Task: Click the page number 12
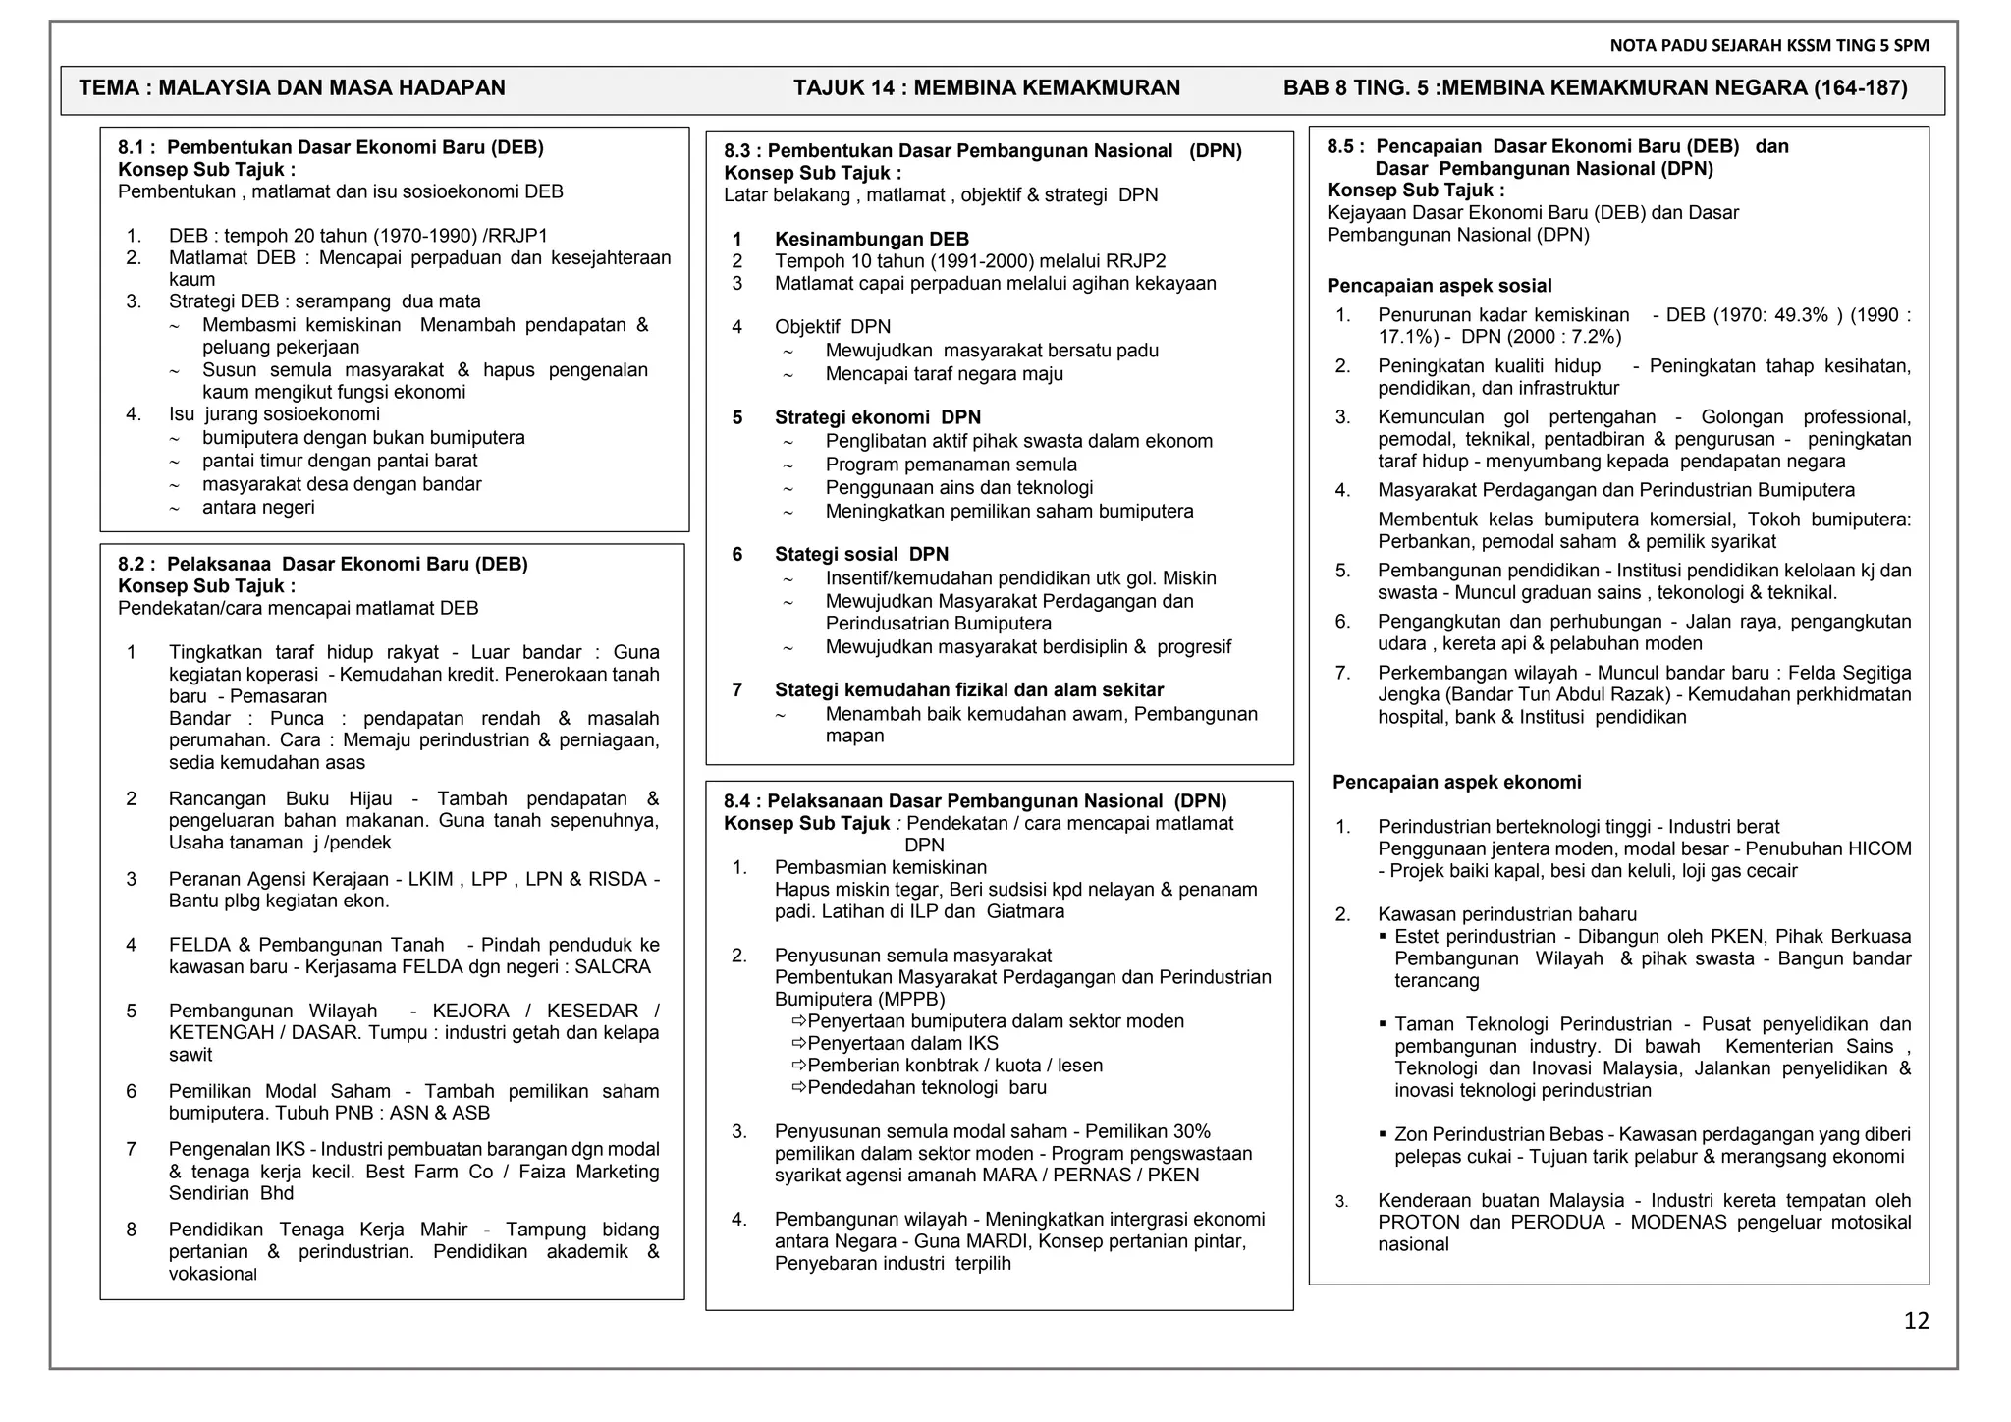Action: click(x=1916, y=1321)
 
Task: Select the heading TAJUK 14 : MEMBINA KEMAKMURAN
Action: click(x=987, y=88)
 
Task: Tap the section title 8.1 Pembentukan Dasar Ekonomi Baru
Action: click(x=331, y=147)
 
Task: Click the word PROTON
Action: click(x=1420, y=1222)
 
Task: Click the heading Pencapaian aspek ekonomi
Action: click(x=1456, y=783)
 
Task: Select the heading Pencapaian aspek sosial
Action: click(x=1439, y=286)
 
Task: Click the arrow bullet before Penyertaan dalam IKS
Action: click(x=798, y=1043)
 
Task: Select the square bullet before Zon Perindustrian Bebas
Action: click(x=1383, y=1134)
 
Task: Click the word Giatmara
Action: click(x=1025, y=911)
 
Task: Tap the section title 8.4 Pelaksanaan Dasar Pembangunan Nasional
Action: click(x=975, y=801)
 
